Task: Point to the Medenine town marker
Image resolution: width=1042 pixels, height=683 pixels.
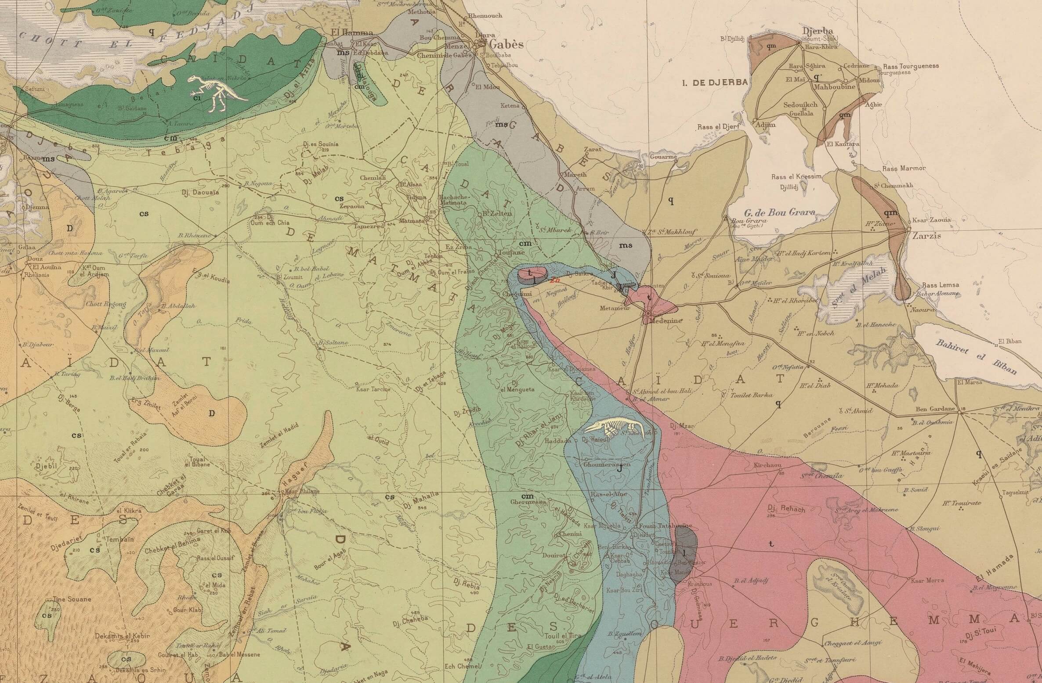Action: point(648,313)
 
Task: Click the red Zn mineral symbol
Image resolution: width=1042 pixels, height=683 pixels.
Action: point(555,280)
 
